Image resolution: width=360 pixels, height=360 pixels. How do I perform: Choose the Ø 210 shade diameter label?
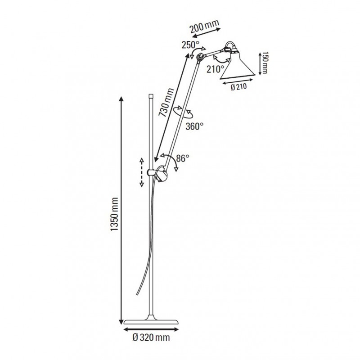coord(239,88)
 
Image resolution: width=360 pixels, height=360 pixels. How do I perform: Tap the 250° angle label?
coord(190,45)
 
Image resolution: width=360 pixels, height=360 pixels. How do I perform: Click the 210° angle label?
coord(216,69)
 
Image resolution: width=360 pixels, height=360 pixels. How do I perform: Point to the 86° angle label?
coord(182,158)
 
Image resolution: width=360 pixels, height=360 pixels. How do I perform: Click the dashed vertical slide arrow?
coord(141,172)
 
